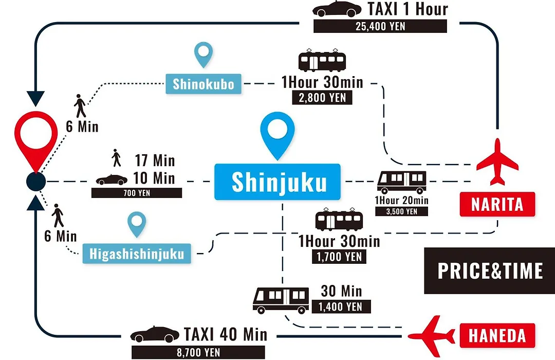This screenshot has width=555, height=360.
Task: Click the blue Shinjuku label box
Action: pyautogui.click(x=277, y=182)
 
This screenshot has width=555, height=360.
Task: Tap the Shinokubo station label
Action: pyautogui.click(x=203, y=84)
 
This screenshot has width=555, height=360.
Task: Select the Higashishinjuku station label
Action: pyautogui.click(x=137, y=254)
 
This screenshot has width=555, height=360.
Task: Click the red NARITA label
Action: pyautogui.click(x=497, y=204)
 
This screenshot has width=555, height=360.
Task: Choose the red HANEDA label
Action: pyautogui.click(x=497, y=335)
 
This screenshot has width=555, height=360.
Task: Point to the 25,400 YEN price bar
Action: pyautogui.click(x=380, y=26)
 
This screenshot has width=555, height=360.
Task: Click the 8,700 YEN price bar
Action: pyautogui.click(x=198, y=352)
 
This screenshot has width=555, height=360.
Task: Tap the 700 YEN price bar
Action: pyautogui.click(x=137, y=193)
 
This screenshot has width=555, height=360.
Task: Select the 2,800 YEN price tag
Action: pyautogui.click(x=322, y=97)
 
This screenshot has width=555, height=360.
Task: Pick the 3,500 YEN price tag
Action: pyautogui.click(x=402, y=211)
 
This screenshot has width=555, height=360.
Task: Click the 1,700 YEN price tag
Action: pyautogui.click(x=339, y=257)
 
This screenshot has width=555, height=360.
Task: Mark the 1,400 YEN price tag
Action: pyautogui.click(x=341, y=307)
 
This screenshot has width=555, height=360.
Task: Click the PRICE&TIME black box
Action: pyautogui.click(x=490, y=271)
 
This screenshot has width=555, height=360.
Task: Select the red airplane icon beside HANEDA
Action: pyautogui.click(x=431, y=335)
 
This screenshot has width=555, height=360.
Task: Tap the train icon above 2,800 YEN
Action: pyautogui.click(x=322, y=61)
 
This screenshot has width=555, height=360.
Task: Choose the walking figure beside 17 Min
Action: pyautogui.click(x=117, y=158)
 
